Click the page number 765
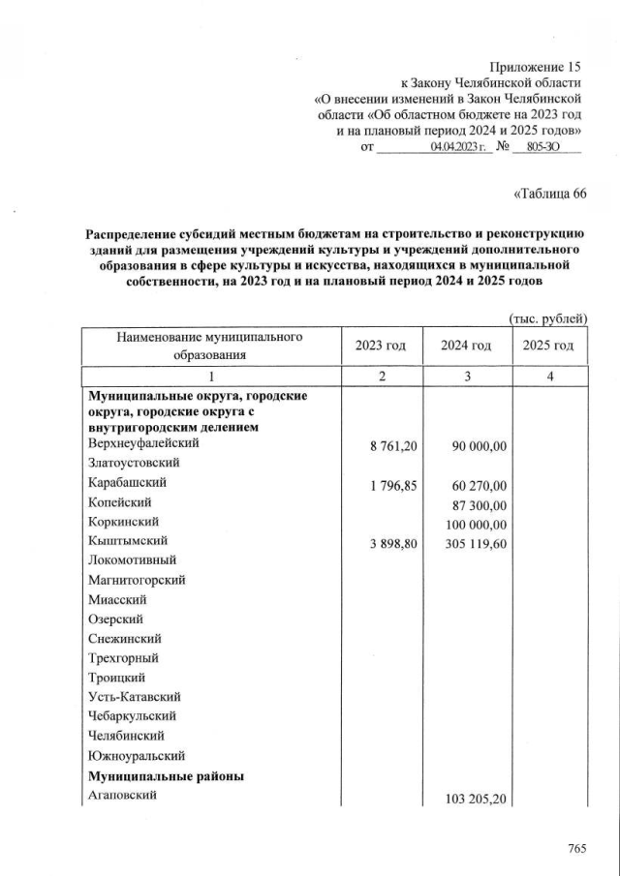tap(577, 849)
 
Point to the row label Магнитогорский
tap(137, 580)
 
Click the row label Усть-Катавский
tap(134, 696)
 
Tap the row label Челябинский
tap(127, 736)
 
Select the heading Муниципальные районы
tap(166, 776)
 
